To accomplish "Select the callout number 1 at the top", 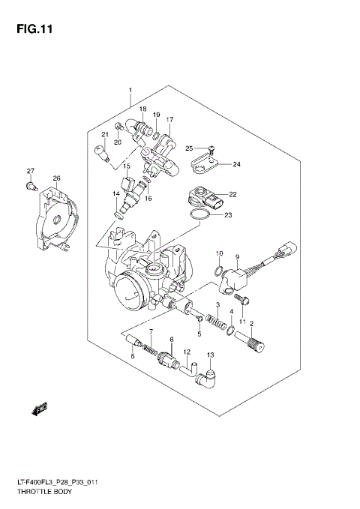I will [x=130, y=91].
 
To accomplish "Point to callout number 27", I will [x=31, y=171].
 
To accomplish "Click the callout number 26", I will [x=55, y=178].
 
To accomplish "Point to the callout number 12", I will [x=187, y=352].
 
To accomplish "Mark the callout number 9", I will [x=235, y=256].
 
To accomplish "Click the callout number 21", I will [x=106, y=135].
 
